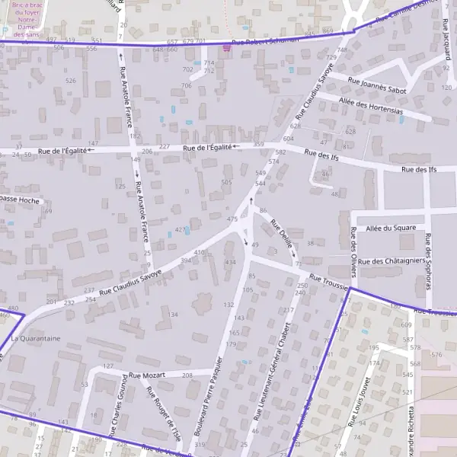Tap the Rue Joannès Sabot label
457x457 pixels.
coord(376,84)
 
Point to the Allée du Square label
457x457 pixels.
coord(390,228)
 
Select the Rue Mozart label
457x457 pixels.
coord(146,376)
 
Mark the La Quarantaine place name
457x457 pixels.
coord(35,337)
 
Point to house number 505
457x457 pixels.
coord(226,182)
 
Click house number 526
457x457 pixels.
coord(71,81)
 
